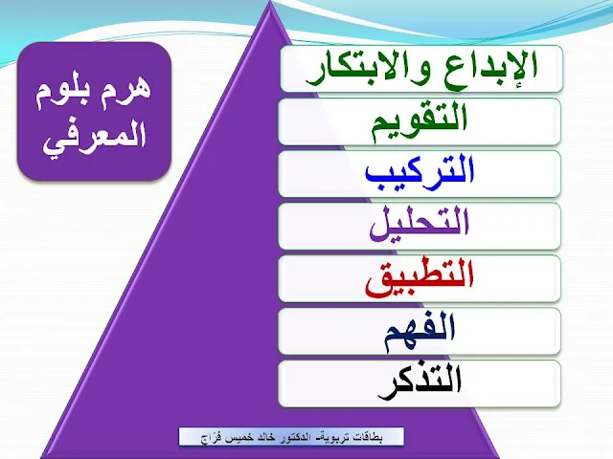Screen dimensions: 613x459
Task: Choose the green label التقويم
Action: (x=420, y=122)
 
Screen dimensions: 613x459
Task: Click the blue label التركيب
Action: (x=420, y=172)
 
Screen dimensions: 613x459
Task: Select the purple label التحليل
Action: (x=420, y=224)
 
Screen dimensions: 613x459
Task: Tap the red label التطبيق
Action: (x=420, y=278)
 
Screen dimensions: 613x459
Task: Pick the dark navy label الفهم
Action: (x=420, y=332)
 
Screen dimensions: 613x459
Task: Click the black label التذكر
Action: (x=420, y=382)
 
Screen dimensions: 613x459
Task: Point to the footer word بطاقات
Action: (x=371, y=438)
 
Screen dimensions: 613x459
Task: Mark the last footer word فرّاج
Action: (x=210, y=438)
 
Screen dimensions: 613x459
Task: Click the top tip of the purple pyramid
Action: (x=270, y=1)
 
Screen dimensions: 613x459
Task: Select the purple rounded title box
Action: (x=94, y=111)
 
